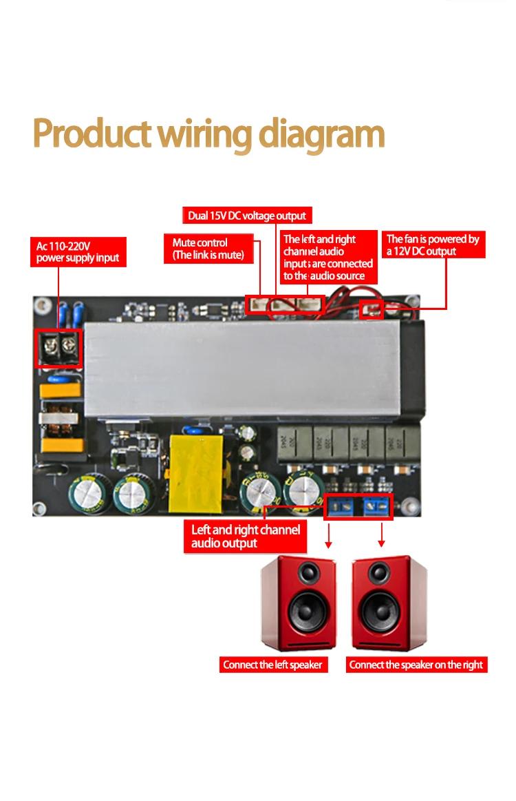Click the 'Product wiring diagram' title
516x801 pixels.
[208, 134]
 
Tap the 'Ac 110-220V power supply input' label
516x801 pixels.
[78, 252]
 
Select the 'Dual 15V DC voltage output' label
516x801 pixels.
[247, 216]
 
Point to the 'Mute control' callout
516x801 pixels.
[208, 249]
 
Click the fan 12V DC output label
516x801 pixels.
[433, 245]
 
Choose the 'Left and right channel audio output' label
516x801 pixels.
[246, 537]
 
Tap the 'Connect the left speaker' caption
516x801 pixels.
[272, 665]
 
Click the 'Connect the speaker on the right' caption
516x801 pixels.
[416, 665]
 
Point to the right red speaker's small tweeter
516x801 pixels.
[379, 572]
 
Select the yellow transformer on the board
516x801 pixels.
[196, 473]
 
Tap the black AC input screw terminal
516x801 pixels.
[58, 348]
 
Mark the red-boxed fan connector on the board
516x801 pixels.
[372, 309]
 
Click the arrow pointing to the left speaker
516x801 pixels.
[329, 535]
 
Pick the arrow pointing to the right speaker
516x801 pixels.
[381, 535]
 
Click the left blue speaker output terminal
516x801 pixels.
[341, 507]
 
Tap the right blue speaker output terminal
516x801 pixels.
[376, 507]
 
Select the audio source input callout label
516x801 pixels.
[327, 257]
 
